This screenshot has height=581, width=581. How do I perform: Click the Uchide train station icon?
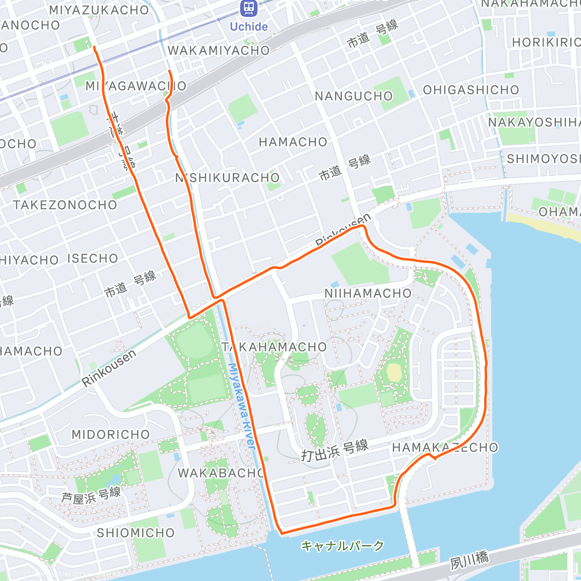(248, 8)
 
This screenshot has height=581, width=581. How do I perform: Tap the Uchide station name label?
(248, 27)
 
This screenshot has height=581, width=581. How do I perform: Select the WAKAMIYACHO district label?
(218, 50)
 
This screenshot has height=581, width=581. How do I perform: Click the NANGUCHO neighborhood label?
(353, 96)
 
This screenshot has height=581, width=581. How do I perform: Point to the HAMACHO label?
(293, 142)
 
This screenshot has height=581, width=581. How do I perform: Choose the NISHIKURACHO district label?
(228, 178)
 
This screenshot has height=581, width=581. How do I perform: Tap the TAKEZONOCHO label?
(65, 205)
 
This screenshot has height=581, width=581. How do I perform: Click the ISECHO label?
(92, 258)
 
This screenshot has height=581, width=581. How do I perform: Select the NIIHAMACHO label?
(368, 293)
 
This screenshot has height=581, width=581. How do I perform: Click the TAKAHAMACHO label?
(275, 347)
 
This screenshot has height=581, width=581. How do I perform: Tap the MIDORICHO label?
(111, 434)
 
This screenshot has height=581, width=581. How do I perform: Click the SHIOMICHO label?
(136, 533)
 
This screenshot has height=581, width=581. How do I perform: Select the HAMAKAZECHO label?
(445, 447)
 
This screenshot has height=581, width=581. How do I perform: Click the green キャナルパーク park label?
(342, 546)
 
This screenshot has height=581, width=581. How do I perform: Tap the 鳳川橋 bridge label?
(469, 560)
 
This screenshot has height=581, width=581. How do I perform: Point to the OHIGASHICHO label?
(471, 90)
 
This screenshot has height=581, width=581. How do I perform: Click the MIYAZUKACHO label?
(99, 10)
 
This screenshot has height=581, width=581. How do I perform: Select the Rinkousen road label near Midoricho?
(108, 368)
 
